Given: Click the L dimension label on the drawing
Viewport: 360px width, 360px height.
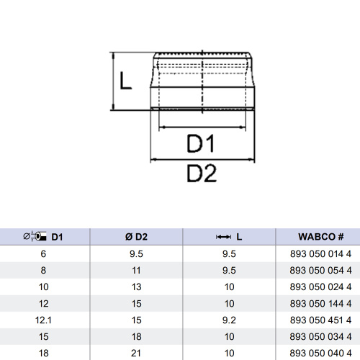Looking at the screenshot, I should pos(125,81).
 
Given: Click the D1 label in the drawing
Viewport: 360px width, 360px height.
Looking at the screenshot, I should pos(202,145).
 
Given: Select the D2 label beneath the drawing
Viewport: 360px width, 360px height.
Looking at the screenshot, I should pos(202,174).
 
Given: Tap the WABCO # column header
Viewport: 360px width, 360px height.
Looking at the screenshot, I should pos(320,236).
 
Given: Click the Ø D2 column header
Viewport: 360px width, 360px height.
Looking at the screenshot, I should pos(136,236).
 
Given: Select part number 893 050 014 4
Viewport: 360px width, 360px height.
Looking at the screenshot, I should pos(320,254).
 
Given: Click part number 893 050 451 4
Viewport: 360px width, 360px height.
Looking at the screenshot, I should pos(320,320).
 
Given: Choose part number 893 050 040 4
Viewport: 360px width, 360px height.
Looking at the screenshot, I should pos(320,352).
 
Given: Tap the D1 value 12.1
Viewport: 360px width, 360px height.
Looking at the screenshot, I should pos(45,320).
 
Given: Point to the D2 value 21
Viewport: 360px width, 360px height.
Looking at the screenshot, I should pos(136,352).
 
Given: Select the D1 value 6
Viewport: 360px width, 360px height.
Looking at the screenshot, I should pos(45,254).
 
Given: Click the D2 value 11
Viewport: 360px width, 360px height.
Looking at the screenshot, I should pos(136,271).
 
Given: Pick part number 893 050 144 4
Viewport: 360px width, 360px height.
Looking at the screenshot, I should pos(320,303).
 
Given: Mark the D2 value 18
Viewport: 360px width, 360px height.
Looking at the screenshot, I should pos(136,336).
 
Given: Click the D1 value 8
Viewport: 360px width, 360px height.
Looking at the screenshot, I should pos(45,271).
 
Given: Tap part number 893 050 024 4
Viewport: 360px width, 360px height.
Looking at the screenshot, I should pos(320,287).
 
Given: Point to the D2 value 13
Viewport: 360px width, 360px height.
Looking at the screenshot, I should pos(136,287).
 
